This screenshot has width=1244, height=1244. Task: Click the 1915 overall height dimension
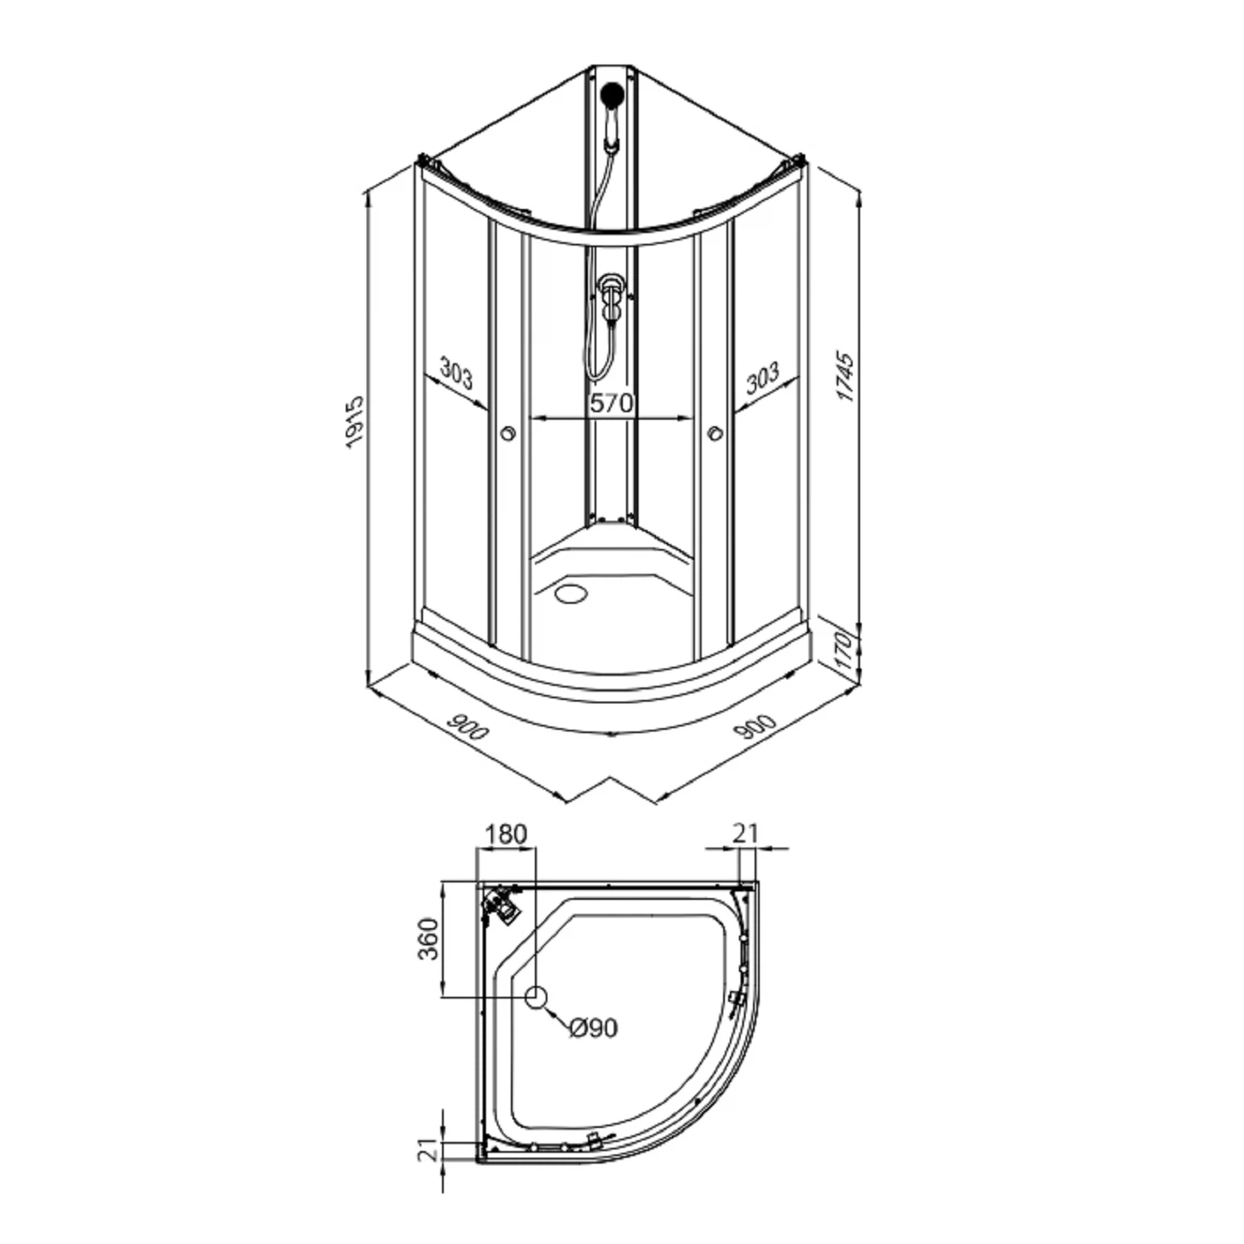pos(355,422)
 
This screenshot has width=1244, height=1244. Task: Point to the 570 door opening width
pos(611,404)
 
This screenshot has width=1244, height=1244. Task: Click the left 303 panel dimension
pos(455,373)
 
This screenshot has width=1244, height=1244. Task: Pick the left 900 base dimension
pos(469,726)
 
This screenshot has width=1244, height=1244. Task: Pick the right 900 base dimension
pos(755,726)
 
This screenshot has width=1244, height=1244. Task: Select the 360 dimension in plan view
pos(427,938)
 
